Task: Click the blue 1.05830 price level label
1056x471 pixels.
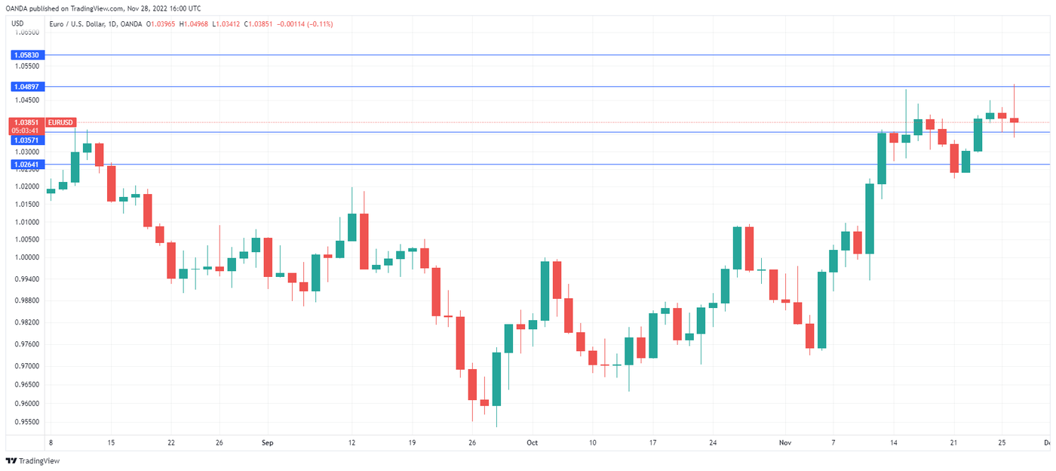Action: [x=27, y=55]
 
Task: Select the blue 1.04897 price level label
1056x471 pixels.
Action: [x=27, y=87]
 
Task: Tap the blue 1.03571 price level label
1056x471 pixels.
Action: [x=27, y=140]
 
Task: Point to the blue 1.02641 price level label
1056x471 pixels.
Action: [x=27, y=164]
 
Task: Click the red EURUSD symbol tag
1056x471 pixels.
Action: [x=60, y=122]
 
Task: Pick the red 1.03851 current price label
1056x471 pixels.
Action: [x=27, y=122]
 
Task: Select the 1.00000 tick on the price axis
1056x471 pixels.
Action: [x=27, y=257]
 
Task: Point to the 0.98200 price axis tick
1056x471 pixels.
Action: [x=27, y=322]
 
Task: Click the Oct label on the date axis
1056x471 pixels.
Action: [x=533, y=443]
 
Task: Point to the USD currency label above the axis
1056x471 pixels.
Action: [x=17, y=24]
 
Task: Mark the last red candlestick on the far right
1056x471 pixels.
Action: [x=1015, y=120]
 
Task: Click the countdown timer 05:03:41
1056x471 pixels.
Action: [x=27, y=131]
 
